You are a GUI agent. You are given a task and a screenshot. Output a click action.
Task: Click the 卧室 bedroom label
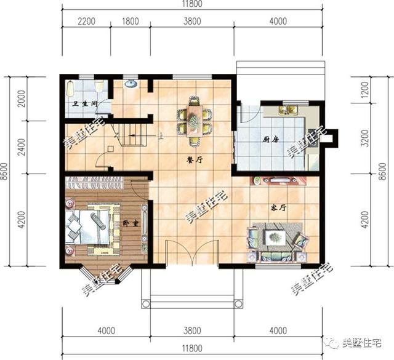click(x=130, y=223)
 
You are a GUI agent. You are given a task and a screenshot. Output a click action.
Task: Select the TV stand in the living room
click(x=278, y=181)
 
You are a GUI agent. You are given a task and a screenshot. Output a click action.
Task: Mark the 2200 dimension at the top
click(x=86, y=21)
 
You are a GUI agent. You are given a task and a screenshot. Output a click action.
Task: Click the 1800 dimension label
click(x=130, y=21)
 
